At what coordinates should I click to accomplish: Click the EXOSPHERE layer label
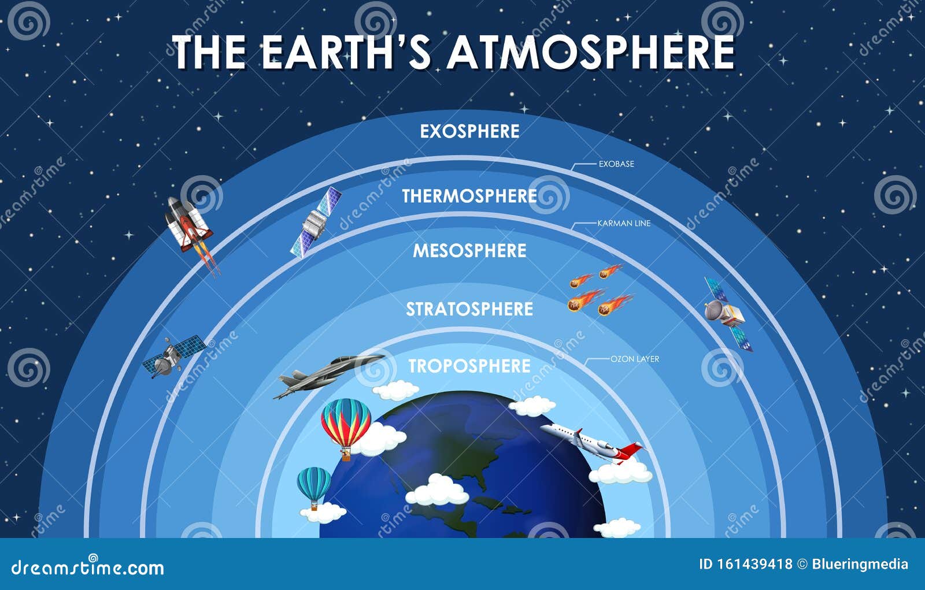[469, 131]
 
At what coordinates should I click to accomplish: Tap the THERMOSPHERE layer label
[469, 196]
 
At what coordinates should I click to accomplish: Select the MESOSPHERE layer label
[469, 251]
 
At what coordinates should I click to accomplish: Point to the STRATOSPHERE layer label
[469, 309]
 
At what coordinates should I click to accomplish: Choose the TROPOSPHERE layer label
[469, 366]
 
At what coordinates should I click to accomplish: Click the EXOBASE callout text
[616, 164]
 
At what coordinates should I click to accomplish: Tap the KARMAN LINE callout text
[624, 224]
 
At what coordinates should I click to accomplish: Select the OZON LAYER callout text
[635, 359]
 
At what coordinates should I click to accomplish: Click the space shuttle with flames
[191, 235]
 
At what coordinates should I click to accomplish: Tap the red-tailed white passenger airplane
[593, 444]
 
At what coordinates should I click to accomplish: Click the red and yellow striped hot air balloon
[346, 427]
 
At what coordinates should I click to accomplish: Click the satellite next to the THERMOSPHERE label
[316, 222]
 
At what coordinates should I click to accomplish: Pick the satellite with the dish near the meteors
[727, 314]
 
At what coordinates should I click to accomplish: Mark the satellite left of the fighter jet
[173, 356]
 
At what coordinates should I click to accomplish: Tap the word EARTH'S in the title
[346, 53]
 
